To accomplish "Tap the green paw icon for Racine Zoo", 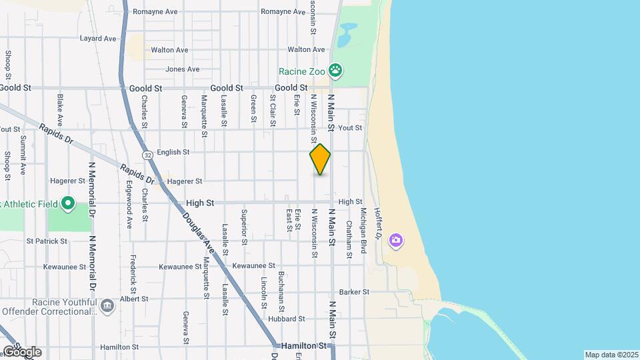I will [337, 71].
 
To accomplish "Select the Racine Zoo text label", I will [302, 71].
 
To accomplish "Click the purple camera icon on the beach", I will [396, 240].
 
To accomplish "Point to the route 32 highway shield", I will [147, 155].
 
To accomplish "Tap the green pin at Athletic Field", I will [67, 203].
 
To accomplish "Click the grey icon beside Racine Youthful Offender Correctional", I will [107, 305].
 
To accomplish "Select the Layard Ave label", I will [98, 39].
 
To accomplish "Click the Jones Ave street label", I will [182, 69].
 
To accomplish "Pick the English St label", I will [173, 152].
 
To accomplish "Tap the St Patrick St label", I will [48, 241].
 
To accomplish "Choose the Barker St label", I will [354, 292].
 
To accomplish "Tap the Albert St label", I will [134, 299].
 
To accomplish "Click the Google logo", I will [22, 351].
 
